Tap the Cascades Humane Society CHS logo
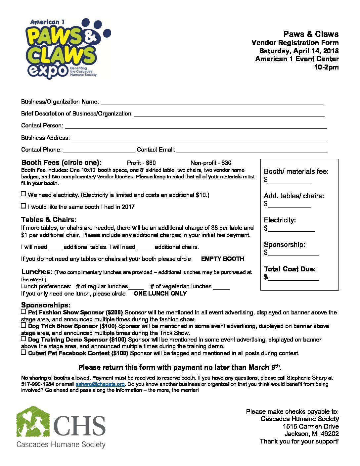tap(61, 427)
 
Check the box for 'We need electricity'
tap(23, 194)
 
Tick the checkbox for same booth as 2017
tap(23, 206)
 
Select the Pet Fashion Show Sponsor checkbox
tap(23, 311)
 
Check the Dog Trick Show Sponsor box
tap(23, 325)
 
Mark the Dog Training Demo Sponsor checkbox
tap(23, 339)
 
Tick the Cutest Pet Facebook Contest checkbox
tap(23, 352)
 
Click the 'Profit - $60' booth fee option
tap(141, 163)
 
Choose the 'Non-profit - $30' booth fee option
tap(211, 163)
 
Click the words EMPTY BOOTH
tap(222, 259)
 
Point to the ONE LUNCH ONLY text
tap(160, 294)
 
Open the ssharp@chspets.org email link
tap(100, 384)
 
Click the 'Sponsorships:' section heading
tap(46, 305)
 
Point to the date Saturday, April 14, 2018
tap(299, 51)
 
